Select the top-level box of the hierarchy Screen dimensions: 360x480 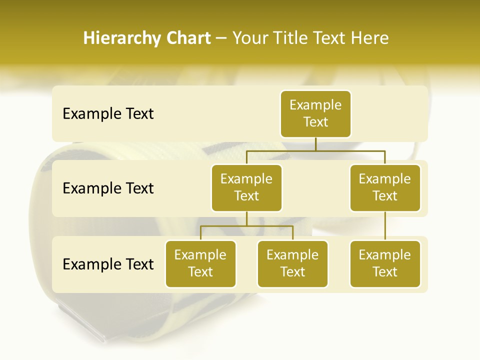pos(315,113)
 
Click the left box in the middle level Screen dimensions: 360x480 pos(246,187)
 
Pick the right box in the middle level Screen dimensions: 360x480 pos(385,187)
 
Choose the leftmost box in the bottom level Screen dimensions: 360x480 pos(200,263)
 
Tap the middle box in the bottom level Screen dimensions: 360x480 pos(292,263)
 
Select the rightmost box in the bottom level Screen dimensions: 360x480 pos(385,263)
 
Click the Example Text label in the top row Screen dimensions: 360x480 pos(108,114)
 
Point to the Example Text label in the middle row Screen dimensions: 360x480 pos(108,188)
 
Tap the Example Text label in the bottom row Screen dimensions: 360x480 pos(108,264)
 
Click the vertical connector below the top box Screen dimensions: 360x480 pos(315,144)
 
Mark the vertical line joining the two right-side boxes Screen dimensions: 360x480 pos(385,226)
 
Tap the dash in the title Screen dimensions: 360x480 pos(221,38)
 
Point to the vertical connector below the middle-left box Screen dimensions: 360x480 pos(246,219)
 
